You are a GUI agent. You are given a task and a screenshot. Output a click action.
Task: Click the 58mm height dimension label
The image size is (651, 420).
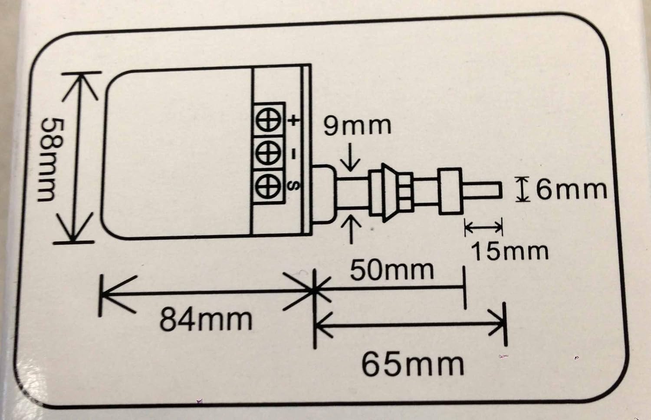tap(51, 160)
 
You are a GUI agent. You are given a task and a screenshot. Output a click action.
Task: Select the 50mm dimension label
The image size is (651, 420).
tap(392, 271)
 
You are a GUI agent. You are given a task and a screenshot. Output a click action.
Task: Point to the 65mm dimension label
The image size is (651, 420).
tap(413, 365)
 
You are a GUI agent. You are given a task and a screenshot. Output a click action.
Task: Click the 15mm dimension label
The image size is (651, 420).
tap(510, 251)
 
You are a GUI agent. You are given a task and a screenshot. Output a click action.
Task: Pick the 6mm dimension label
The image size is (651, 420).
tap(572, 190)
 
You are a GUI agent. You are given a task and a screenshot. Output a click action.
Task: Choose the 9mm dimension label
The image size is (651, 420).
tap(358, 126)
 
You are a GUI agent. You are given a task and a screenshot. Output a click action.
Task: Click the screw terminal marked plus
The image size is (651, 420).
tap(269, 119)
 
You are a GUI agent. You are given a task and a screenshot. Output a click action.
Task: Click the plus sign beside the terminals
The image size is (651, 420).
tap(294, 120)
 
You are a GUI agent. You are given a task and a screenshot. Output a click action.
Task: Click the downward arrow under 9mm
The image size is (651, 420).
tap(351, 157)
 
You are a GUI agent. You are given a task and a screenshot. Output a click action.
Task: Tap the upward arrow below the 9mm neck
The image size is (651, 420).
tap(351, 229)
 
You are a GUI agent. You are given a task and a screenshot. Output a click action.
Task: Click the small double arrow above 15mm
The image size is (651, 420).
tap(483, 227)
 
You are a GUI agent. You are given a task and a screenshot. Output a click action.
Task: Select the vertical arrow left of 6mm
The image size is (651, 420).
tap(522, 189)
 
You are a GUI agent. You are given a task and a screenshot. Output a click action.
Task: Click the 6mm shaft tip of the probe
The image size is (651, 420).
tap(482, 190)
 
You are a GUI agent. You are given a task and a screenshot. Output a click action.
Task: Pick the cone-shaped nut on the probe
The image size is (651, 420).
tap(390, 192)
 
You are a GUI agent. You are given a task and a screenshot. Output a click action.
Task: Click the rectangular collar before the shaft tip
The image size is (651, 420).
tap(450, 192)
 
